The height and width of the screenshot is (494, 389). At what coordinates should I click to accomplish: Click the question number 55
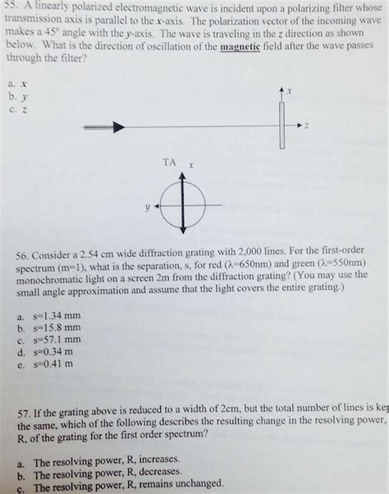11,6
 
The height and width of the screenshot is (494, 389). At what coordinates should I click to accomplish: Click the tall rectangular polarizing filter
281,124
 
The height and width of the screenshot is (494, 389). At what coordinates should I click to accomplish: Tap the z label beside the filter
306,126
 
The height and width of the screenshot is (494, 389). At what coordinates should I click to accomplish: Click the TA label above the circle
169,162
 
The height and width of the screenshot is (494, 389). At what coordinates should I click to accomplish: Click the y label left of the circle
147,208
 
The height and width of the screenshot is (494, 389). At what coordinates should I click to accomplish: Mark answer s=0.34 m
52,350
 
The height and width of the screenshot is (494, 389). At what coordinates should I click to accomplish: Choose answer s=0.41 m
52,363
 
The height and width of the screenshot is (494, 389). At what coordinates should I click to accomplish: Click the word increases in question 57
155,462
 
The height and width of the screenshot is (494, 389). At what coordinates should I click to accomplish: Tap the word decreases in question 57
157,473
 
